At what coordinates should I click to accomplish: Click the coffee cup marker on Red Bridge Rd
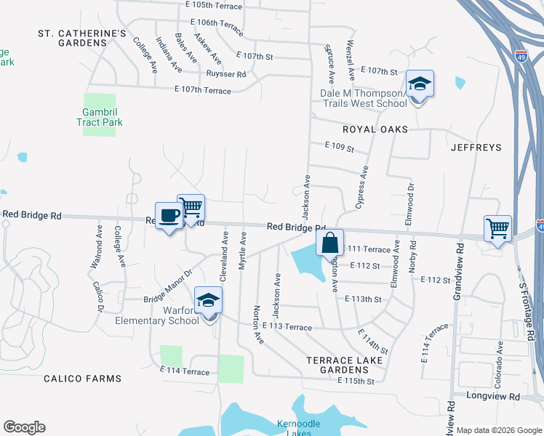(169, 217)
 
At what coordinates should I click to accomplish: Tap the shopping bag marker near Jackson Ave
(329, 243)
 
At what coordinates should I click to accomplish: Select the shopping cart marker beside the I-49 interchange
(497, 229)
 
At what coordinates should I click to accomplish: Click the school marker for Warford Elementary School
(208, 301)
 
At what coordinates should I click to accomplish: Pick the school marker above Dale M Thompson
(420, 84)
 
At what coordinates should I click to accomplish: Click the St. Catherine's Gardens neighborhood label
(82, 39)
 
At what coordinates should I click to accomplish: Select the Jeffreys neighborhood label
(476, 148)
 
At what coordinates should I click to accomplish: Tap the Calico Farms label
(81, 379)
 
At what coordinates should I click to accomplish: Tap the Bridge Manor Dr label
(167, 287)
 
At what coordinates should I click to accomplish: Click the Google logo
(24, 427)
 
